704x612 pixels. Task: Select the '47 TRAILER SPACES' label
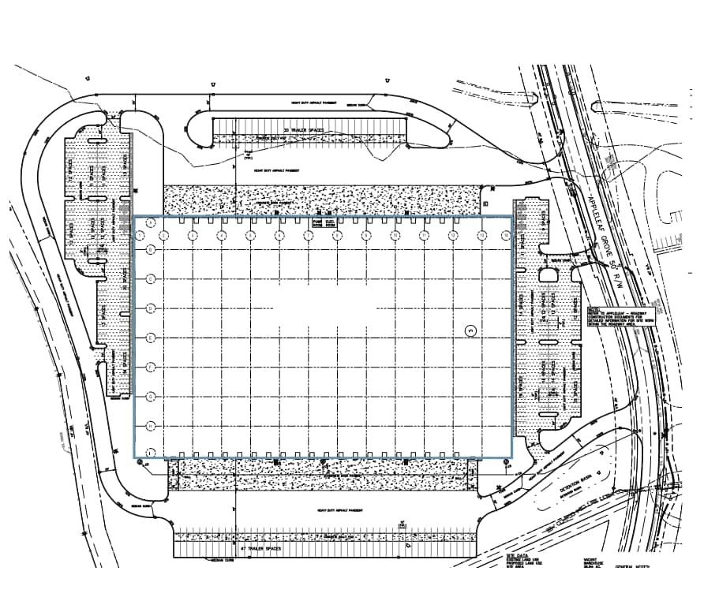tap(260, 547)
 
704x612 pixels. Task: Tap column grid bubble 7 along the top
tap(309, 236)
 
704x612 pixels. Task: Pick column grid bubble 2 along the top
tap(163, 236)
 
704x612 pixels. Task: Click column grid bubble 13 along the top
tap(482, 236)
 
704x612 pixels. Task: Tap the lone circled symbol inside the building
tap(472, 330)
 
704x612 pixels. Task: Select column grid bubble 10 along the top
tap(395, 236)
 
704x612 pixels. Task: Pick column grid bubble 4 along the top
tap(222, 236)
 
